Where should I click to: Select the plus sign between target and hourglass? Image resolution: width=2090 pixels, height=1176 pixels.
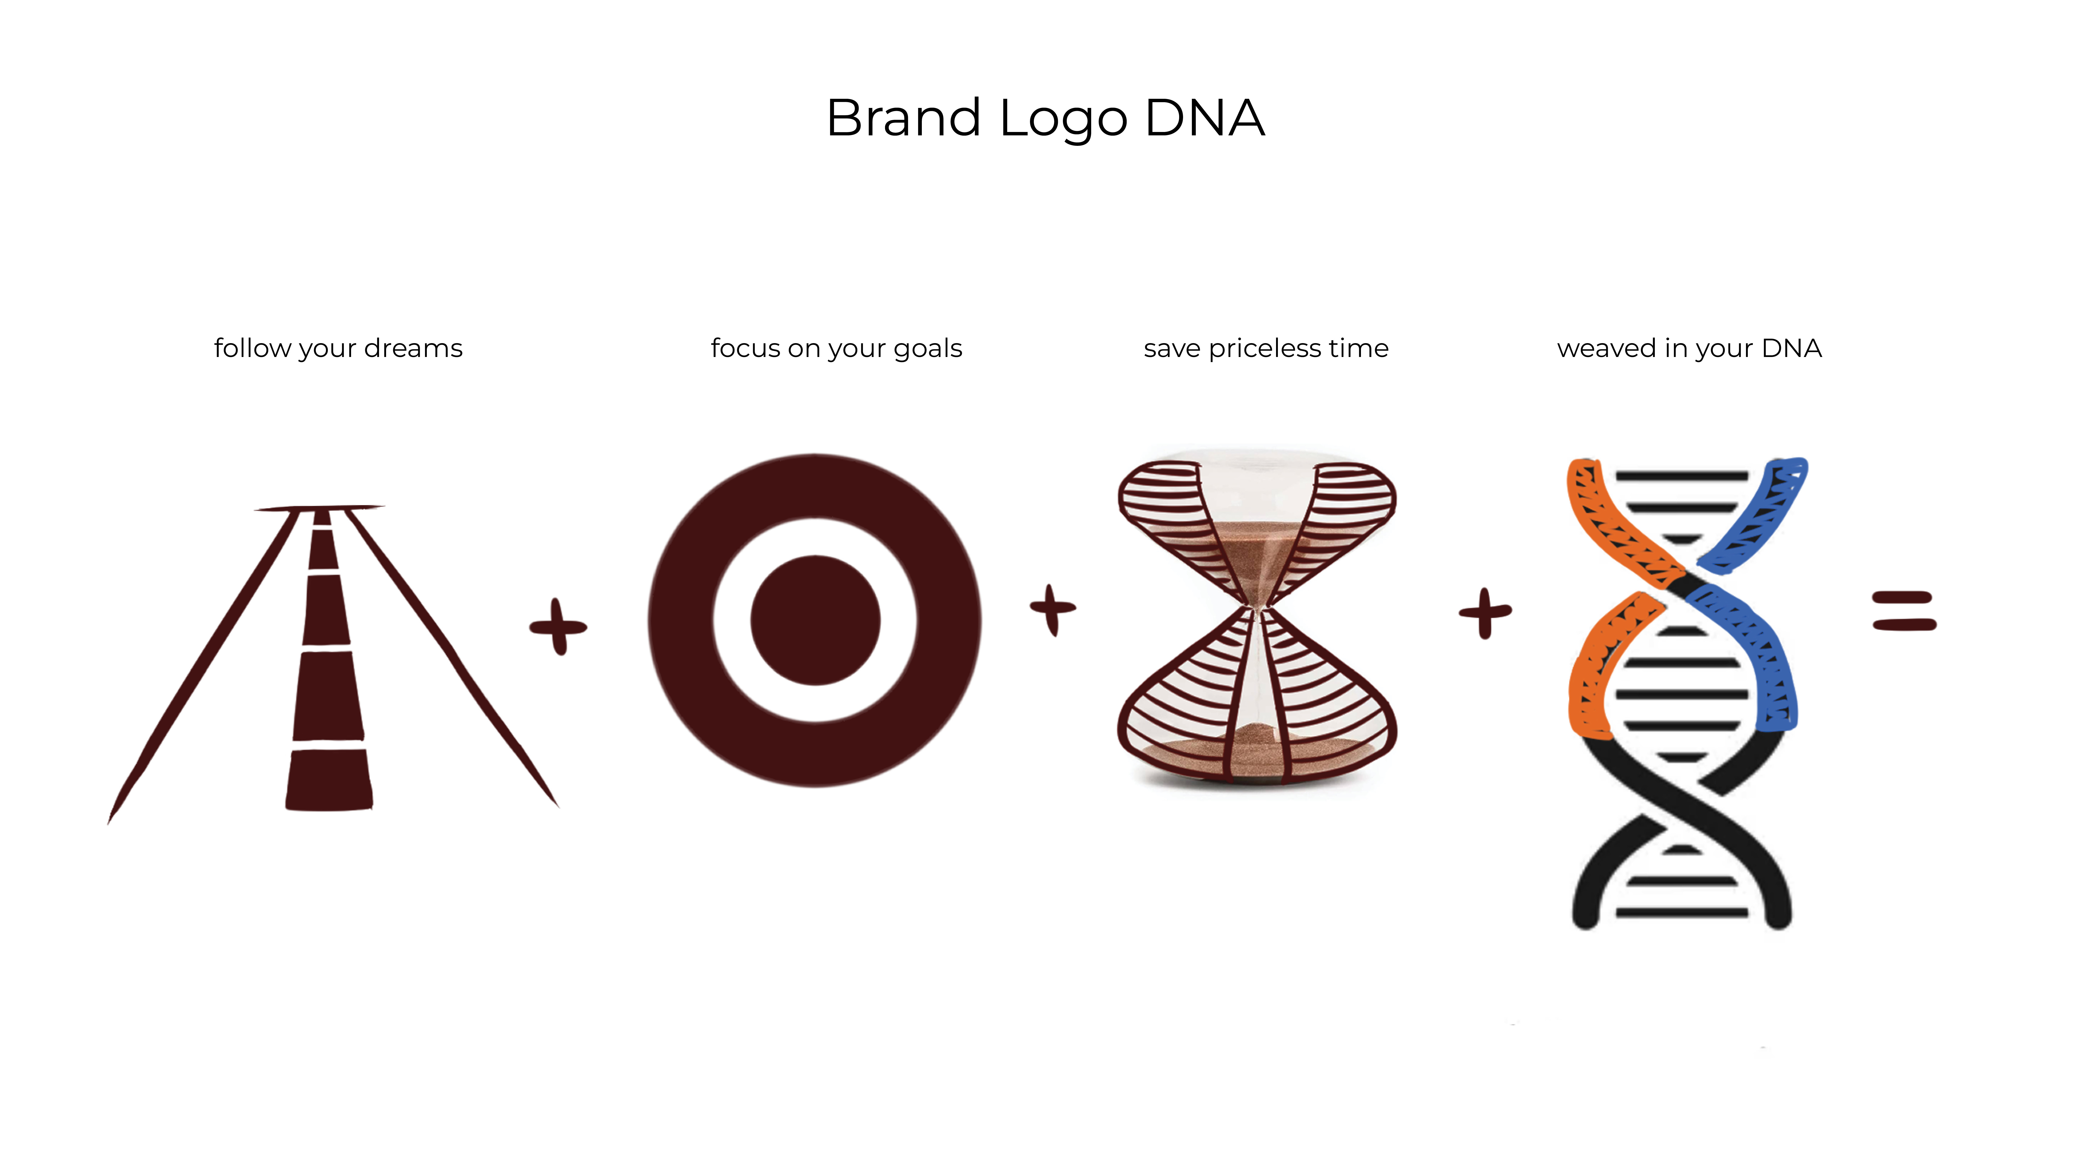tap(1052, 609)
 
